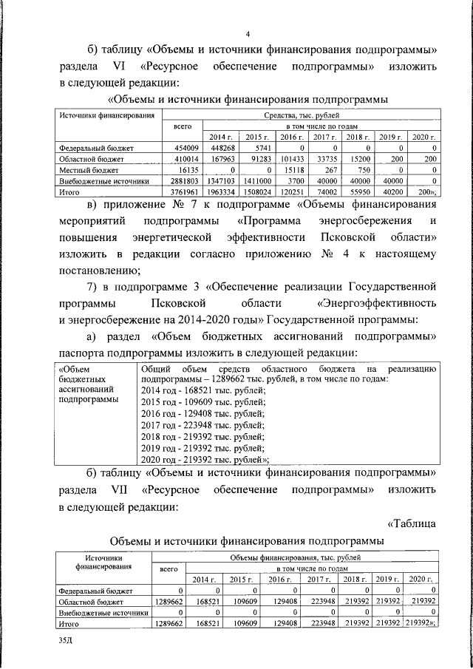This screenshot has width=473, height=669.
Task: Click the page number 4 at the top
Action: (x=248, y=33)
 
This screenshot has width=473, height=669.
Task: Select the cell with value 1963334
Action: (x=221, y=190)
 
